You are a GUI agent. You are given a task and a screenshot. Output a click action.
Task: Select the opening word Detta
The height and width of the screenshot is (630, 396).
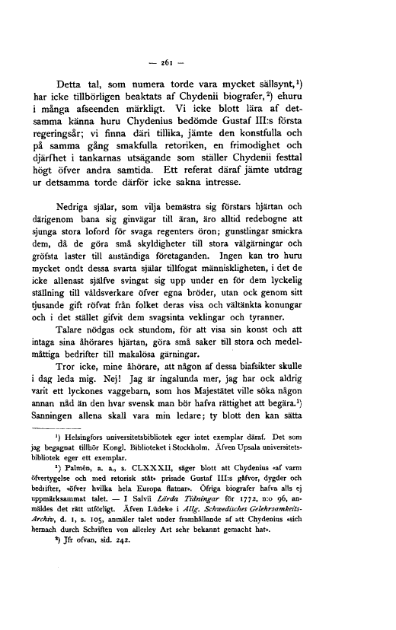72,83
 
